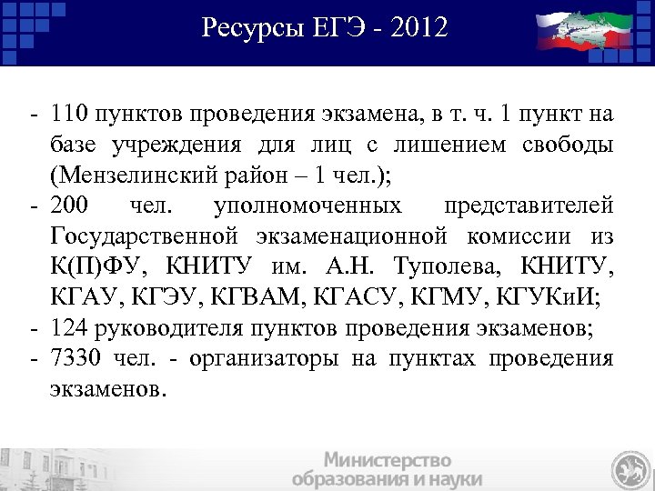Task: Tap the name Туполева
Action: pyautogui.click(x=449, y=265)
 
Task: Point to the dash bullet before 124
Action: pyautogui.click(x=33, y=325)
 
